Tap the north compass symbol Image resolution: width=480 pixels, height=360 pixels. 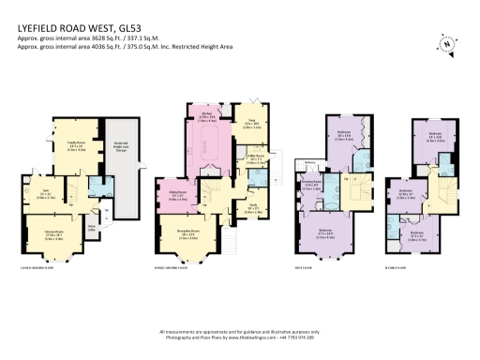coord(446,42)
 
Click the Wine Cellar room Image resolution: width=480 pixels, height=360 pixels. coord(93,227)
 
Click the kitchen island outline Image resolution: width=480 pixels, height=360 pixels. coord(209,145)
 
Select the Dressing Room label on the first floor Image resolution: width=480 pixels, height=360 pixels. coord(314,184)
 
